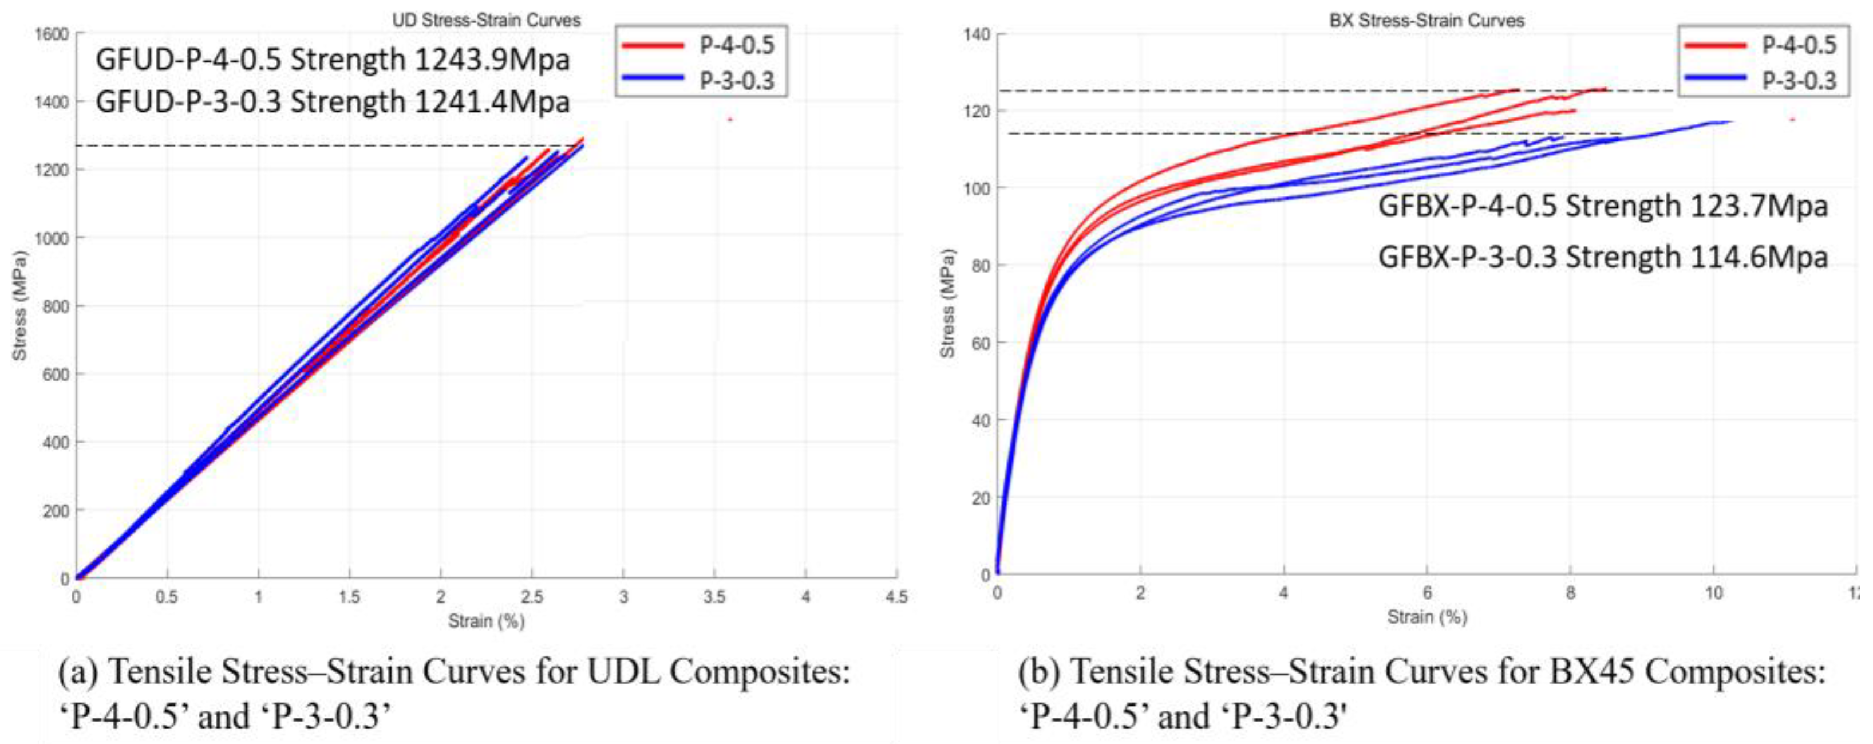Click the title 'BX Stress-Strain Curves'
pyautogui.click(x=1427, y=21)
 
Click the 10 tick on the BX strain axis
pyautogui.click(x=1714, y=593)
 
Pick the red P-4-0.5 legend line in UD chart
pyautogui.click(x=652, y=46)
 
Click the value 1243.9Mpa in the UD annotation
pyautogui.click(x=492, y=60)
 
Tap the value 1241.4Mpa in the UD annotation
pyautogui.click(x=492, y=102)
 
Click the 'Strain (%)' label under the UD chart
pyautogui.click(x=485, y=621)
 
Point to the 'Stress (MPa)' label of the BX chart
pyautogui.click(x=947, y=304)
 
